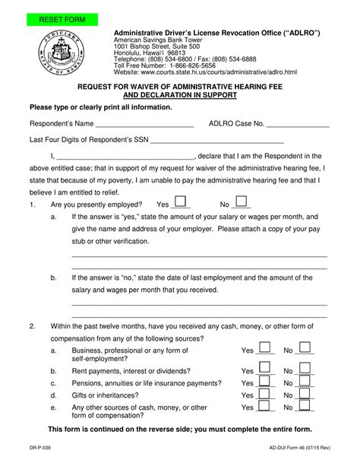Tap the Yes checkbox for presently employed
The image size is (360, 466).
[182, 201]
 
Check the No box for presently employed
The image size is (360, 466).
[241, 201]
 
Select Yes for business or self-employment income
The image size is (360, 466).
[266, 348]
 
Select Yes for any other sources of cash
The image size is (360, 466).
[266, 409]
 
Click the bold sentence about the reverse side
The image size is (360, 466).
[180, 429]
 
